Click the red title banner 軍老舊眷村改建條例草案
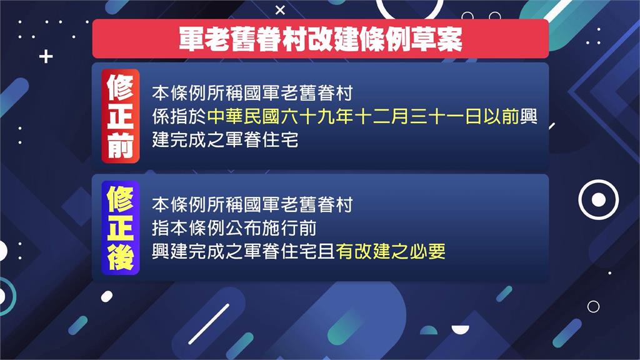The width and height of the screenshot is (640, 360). [320, 39]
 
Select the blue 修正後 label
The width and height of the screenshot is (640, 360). [120, 228]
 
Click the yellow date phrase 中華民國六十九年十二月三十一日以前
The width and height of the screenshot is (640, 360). [364, 117]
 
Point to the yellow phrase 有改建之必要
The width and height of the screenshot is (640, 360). [391, 251]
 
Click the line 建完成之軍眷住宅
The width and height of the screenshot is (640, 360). [225, 140]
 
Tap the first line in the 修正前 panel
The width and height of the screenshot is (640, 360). [252, 94]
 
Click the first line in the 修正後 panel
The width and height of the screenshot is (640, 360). [252, 204]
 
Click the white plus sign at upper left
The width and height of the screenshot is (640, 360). [46, 57]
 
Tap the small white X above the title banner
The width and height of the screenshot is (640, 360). [280, 9]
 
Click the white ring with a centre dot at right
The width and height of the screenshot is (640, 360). [598, 200]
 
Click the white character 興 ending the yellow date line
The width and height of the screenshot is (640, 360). [529, 117]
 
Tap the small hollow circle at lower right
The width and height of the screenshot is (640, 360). [593, 306]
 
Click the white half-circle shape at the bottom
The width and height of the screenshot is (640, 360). [469, 333]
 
